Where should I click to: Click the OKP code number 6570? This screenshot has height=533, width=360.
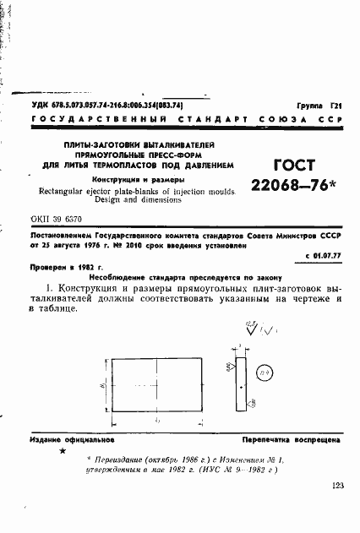point(74,216)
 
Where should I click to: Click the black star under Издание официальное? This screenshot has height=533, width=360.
point(63,452)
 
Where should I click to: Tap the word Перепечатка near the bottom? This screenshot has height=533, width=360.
point(271,440)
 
